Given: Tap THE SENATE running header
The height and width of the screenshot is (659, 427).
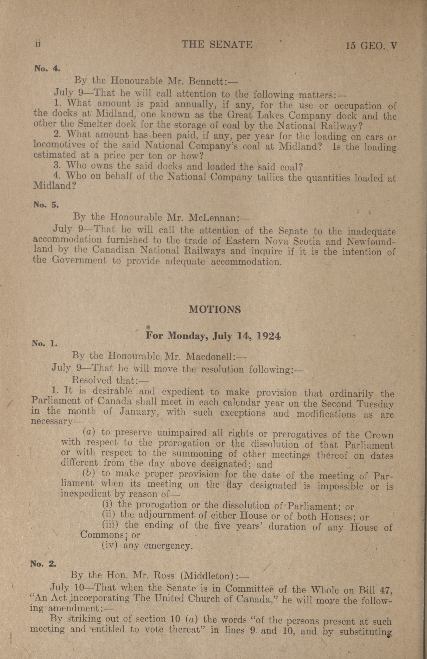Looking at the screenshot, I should [x=217, y=44].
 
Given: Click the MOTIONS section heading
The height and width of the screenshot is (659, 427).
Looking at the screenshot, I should [x=215, y=309].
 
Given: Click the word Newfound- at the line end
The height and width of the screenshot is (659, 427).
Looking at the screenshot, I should [x=371, y=241].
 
